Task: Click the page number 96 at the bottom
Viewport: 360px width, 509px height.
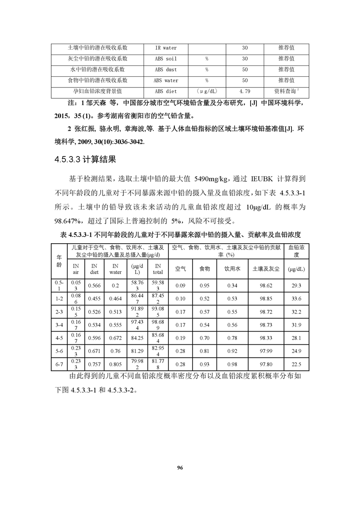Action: pyautogui.click(x=180, y=468)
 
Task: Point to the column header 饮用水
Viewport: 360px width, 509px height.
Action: pyautogui.click(x=232, y=269)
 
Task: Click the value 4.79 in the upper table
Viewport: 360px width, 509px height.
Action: pyautogui.click(x=244, y=91)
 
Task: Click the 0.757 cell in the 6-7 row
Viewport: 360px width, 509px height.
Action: pyautogui.click(x=94, y=364)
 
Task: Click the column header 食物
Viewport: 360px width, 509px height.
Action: pyautogui.click(x=204, y=269)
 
